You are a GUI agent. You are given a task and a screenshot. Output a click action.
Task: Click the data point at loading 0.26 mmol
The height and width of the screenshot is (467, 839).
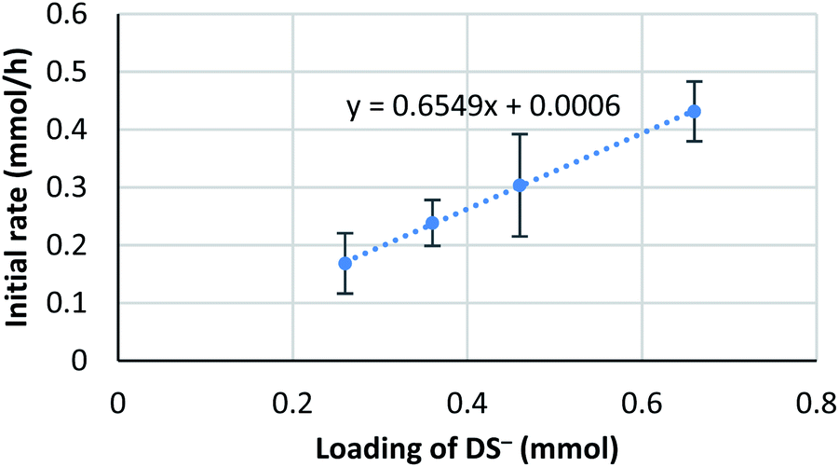345,263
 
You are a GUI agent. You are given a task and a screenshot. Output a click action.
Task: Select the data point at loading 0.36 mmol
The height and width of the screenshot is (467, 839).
432,223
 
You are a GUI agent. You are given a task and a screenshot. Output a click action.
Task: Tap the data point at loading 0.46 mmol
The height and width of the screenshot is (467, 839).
520,185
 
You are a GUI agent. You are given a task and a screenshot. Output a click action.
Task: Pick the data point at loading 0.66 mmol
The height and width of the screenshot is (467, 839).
694,111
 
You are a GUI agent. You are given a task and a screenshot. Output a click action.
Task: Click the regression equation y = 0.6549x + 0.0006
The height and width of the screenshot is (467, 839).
483,107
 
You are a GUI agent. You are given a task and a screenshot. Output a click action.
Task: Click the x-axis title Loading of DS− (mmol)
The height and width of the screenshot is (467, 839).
467,447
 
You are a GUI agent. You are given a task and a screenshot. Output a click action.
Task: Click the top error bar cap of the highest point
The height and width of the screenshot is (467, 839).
694,82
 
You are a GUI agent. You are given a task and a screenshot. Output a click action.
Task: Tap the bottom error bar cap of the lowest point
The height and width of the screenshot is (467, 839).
345,294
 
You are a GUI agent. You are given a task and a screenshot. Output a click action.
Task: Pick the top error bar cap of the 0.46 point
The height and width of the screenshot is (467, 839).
520,134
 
